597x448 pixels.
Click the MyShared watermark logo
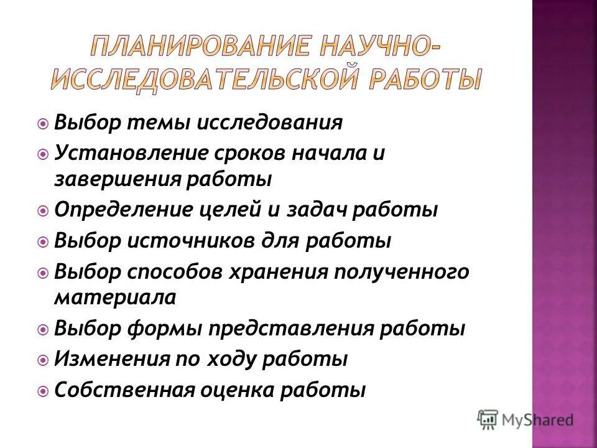tap(525, 419)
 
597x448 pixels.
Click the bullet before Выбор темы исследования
tap(43, 123)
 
